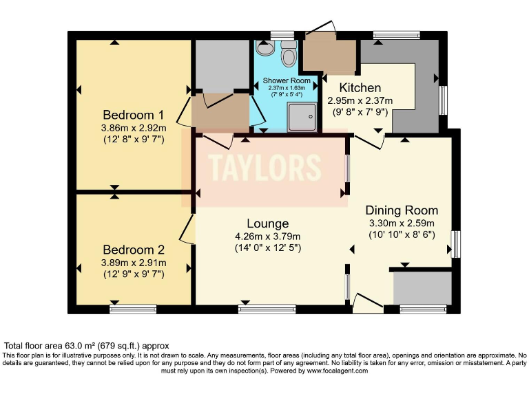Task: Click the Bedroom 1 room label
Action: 133,115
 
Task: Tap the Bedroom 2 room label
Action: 134,250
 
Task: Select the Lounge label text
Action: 268,223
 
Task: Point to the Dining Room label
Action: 402,210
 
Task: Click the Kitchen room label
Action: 360,87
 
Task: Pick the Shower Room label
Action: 287,80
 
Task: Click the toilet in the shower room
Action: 289,54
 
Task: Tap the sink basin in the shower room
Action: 264,48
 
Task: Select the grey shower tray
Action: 302,117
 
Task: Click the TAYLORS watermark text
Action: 264,167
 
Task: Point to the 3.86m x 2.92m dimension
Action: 134,128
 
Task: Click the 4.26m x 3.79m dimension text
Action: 268,236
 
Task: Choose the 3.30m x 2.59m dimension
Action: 402,223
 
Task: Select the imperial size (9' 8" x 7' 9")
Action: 360,112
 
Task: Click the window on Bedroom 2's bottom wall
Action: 133,309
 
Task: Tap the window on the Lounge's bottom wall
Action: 267,309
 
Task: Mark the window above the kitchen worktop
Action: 397,35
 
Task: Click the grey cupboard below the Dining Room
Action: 422,289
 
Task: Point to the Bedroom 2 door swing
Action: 187,230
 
